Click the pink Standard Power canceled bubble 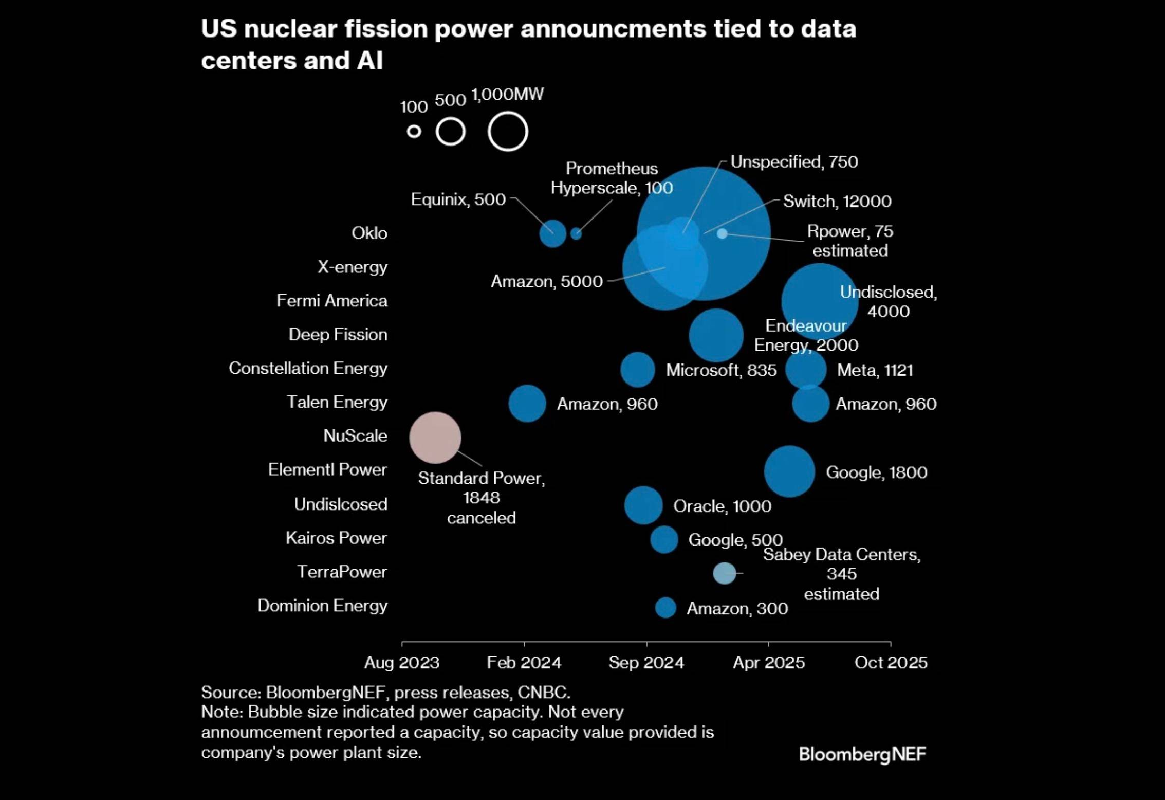(x=435, y=438)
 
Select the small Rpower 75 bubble (x=722, y=233)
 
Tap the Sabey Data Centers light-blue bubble (x=724, y=573)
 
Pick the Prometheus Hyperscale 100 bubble (x=576, y=233)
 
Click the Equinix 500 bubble (x=552, y=233)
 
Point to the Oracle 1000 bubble (x=643, y=505)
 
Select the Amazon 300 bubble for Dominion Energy (x=665, y=608)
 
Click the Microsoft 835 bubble (x=637, y=370)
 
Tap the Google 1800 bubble (x=789, y=471)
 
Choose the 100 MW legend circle (x=414, y=132)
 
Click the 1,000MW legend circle (x=508, y=132)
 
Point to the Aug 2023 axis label (x=402, y=662)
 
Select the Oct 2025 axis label (x=891, y=662)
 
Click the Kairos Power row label (x=336, y=538)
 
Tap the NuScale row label (x=355, y=435)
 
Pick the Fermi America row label (x=332, y=300)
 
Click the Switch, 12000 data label (x=837, y=201)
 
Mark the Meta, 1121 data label (x=875, y=370)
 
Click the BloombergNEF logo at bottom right (x=862, y=754)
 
